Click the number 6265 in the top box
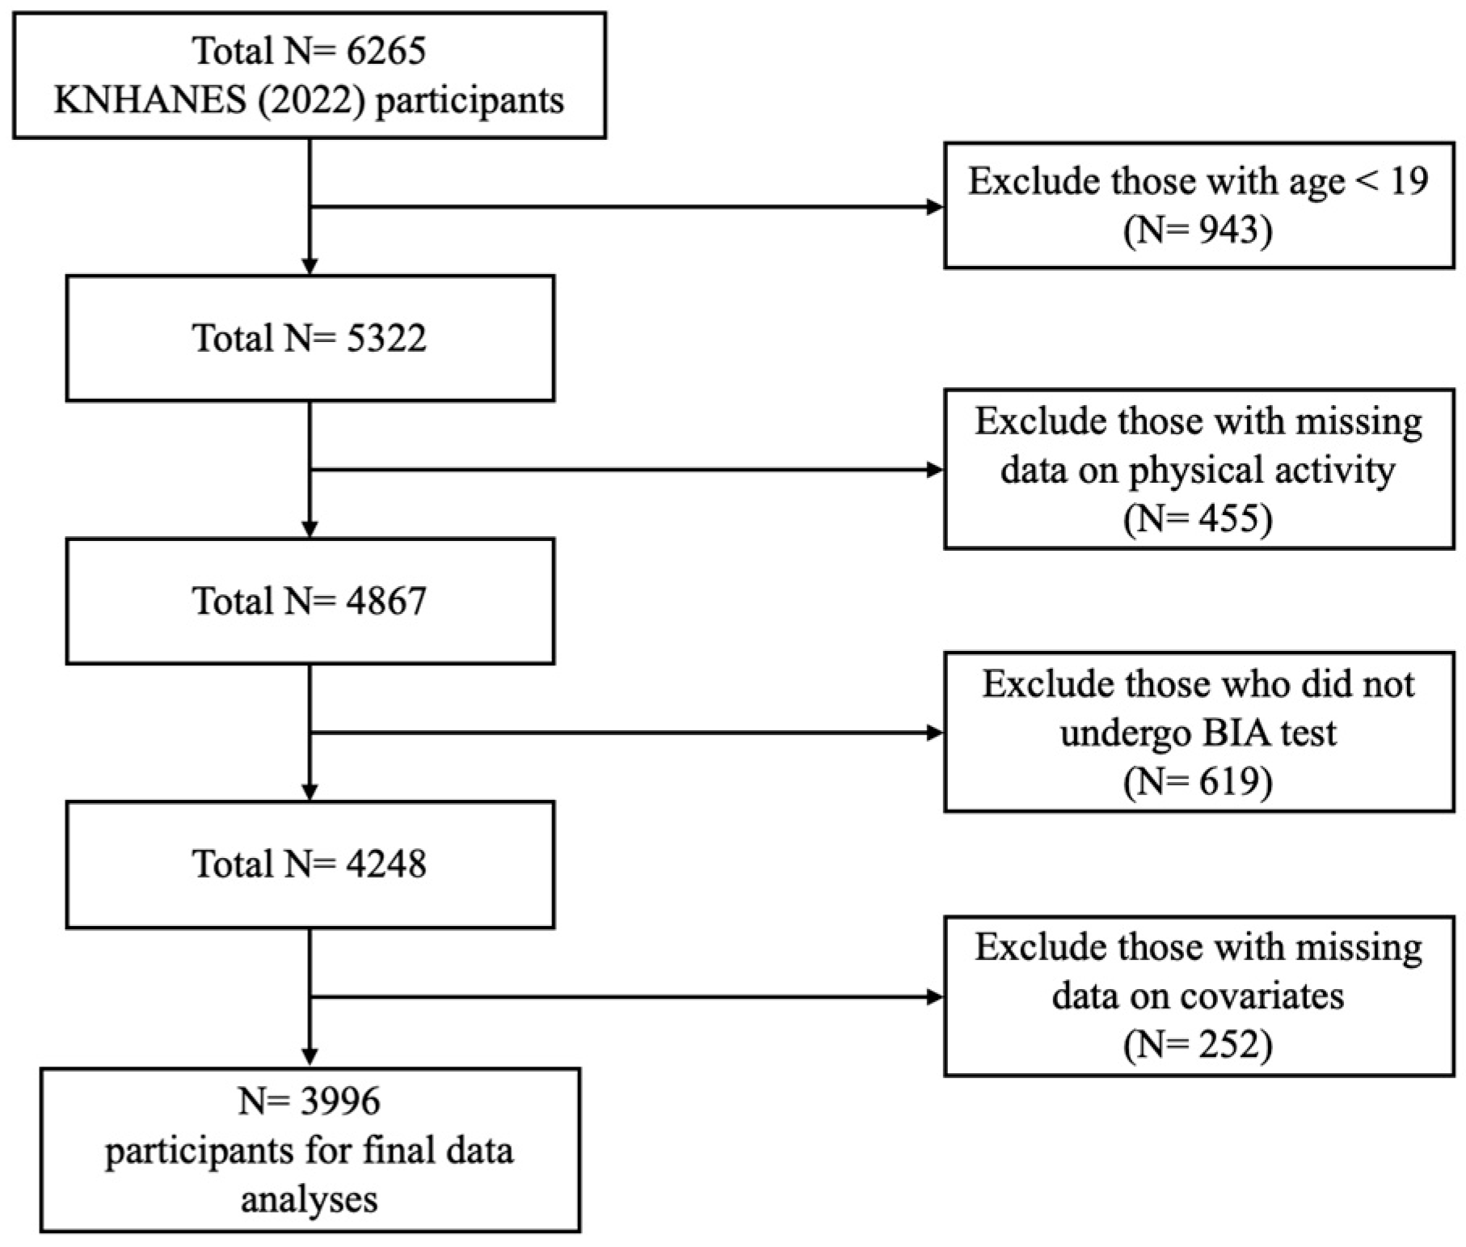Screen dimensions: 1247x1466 385,51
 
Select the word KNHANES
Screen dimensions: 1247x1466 150,101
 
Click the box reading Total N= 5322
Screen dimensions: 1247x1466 310,338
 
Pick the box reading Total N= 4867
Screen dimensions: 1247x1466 310,601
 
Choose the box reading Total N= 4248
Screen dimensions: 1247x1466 310,864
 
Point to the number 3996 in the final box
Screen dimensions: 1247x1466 339,1101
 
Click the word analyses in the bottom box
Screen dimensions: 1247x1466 309,1198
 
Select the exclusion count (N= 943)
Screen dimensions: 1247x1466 1198,230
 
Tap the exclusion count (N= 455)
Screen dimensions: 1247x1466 1198,518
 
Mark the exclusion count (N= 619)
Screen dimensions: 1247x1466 1198,781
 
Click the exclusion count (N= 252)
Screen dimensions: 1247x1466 1198,1045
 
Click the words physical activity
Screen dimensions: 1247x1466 1261,471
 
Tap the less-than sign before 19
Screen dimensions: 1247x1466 1367,181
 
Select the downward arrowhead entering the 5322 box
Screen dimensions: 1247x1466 310,266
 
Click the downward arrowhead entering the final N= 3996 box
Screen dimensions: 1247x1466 310,1057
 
